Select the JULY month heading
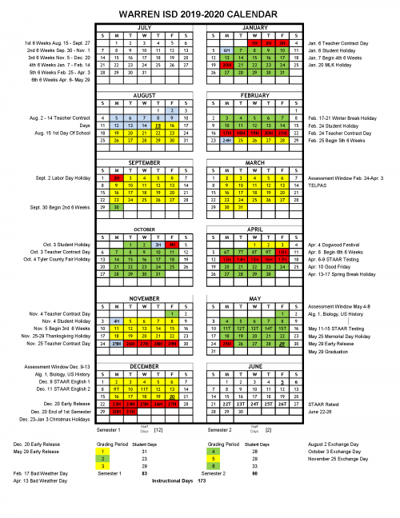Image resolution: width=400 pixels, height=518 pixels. (x=145, y=26)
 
